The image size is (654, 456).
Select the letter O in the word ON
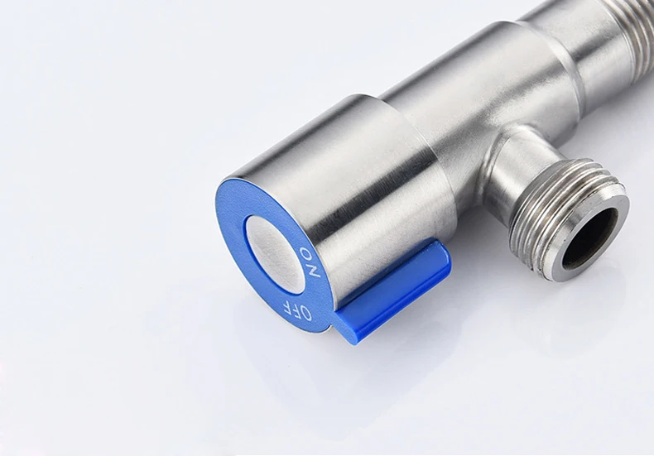[x=307, y=253]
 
